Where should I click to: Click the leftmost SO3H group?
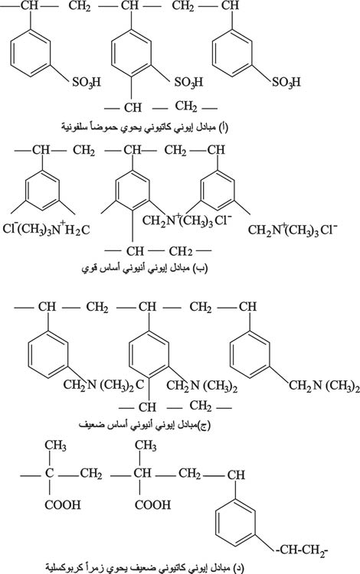click(x=86, y=82)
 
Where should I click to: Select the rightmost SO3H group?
click(x=286, y=82)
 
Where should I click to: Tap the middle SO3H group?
click(x=188, y=82)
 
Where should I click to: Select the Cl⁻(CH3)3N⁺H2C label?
click(x=46, y=229)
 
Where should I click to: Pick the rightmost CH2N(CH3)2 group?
click(x=324, y=386)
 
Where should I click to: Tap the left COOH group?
click(x=63, y=505)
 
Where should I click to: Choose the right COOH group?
click(x=152, y=505)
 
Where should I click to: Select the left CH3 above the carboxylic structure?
click(x=56, y=445)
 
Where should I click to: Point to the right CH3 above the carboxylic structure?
click(x=146, y=445)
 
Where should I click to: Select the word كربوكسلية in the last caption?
click(x=66, y=568)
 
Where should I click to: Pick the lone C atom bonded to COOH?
click(x=50, y=473)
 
